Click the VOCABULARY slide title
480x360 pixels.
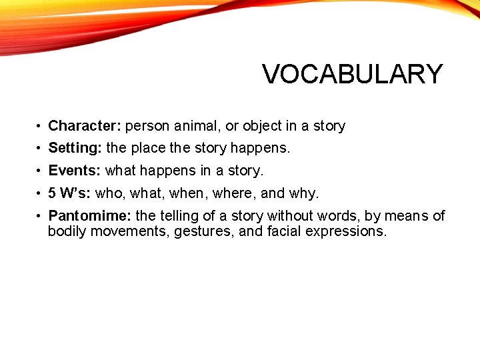[352, 74]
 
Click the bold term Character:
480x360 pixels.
[85, 125]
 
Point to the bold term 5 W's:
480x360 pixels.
[70, 193]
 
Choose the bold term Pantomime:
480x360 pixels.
[90, 215]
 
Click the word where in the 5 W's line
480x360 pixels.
[234, 193]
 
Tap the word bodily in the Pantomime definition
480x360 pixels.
[67, 232]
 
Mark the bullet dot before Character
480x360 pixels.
[40, 126]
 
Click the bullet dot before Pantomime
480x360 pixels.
[40, 216]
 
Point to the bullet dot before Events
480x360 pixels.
[40, 171]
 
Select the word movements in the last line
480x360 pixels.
[129, 232]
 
